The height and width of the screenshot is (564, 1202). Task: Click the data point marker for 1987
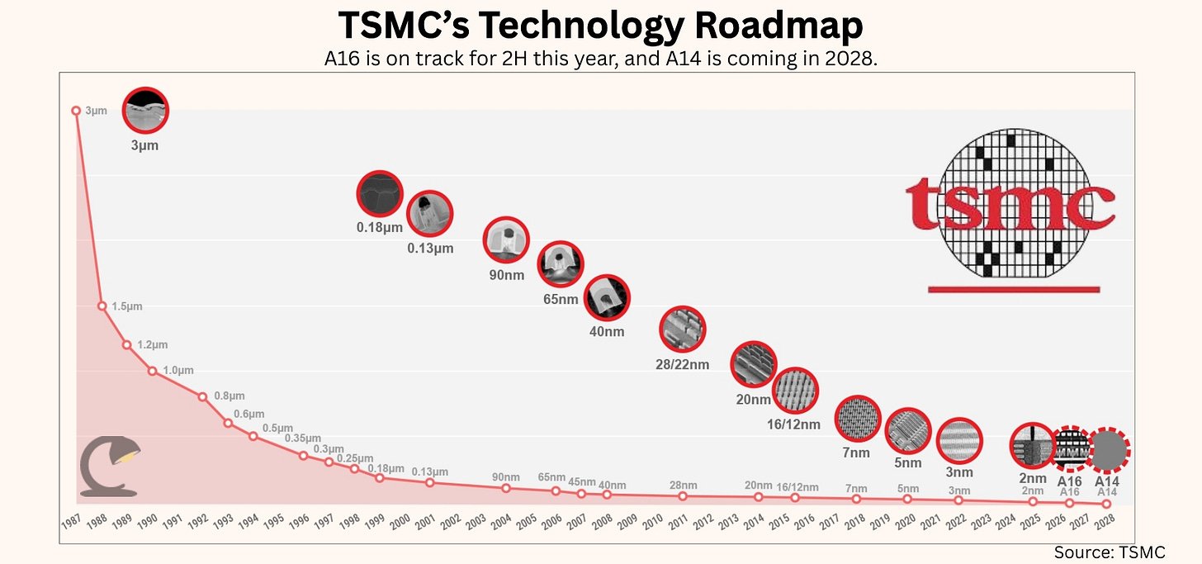click(x=76, y=110)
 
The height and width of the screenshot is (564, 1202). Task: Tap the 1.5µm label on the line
click(x=127, y=306)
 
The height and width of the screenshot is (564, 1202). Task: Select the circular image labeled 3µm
click(x=145, y=111)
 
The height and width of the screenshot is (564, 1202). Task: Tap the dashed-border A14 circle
click(x=1107, y=451)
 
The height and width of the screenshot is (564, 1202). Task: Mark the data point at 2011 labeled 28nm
click(x=682, y=495)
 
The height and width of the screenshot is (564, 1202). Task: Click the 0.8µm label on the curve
click(x=229, y=396)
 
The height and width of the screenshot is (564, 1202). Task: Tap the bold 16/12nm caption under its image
click(x=793, y=424)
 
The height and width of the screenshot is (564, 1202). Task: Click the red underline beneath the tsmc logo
click(x=1013, y=289)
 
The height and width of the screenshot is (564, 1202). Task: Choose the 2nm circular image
click(x=1033, y=446)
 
